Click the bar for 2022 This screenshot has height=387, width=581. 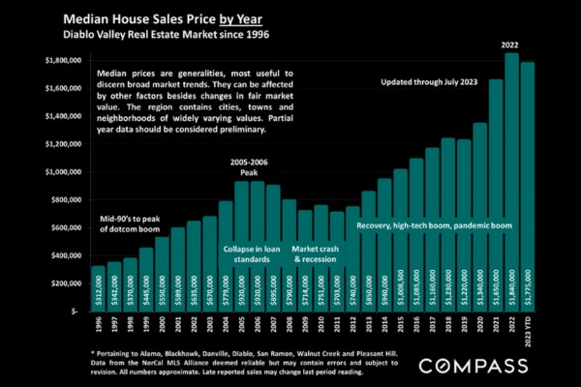point(511,184)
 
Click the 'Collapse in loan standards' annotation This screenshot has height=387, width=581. point(255,254)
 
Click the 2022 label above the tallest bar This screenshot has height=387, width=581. point(512,45)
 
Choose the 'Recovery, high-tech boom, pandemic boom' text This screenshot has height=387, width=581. point(433,225)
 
